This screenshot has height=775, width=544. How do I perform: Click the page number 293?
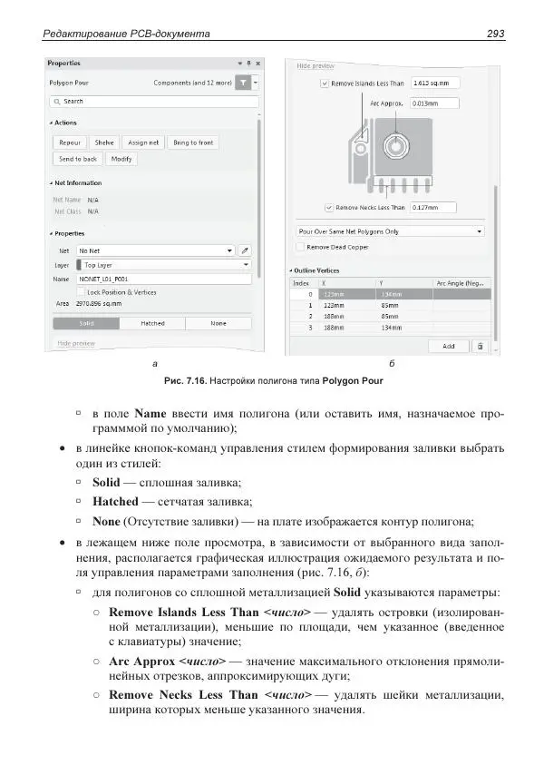click(495, 34)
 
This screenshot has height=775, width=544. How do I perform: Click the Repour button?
click(70, 142)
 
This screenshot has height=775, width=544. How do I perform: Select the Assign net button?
click(143, 142)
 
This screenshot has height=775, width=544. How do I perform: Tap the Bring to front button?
click(193, 142)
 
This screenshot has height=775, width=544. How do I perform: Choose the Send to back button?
click(78, 159)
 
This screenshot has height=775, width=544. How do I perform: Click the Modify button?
click(121, 159)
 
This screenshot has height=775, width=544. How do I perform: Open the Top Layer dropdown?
click(163, 264)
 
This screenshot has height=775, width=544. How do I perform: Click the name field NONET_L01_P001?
click(163, 280)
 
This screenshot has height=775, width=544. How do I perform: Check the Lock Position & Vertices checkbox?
click(81, 292)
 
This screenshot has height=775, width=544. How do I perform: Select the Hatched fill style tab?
click(152, 323)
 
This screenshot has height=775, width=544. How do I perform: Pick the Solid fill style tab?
click(86, 323)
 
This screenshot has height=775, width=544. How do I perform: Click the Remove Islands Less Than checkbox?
click(325, 83)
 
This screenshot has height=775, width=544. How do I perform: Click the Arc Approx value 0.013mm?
click(434, 103)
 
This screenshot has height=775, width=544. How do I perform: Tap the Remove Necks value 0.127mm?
click(434, 207)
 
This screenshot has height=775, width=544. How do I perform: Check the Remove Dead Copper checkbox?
click(301, 246)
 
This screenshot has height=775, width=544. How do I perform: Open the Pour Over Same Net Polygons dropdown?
click(390, 231)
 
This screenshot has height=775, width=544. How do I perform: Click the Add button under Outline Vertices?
click(449, 346)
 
